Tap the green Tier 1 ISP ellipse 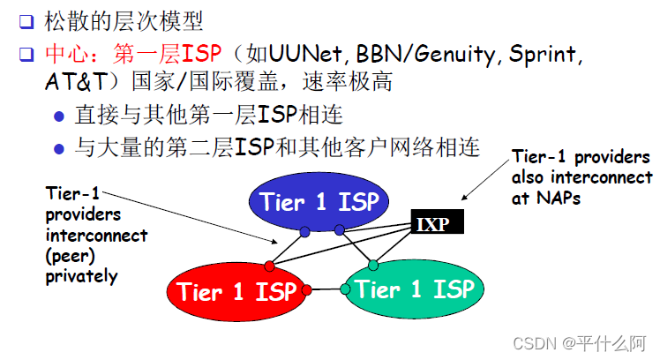point(413,289)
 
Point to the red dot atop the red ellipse point(270,266)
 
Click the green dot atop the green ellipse point(373,265)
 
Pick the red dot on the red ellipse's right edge point(306,289)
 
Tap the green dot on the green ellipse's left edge point(345,289)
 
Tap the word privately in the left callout point(81,276)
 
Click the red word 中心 point(64,55)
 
